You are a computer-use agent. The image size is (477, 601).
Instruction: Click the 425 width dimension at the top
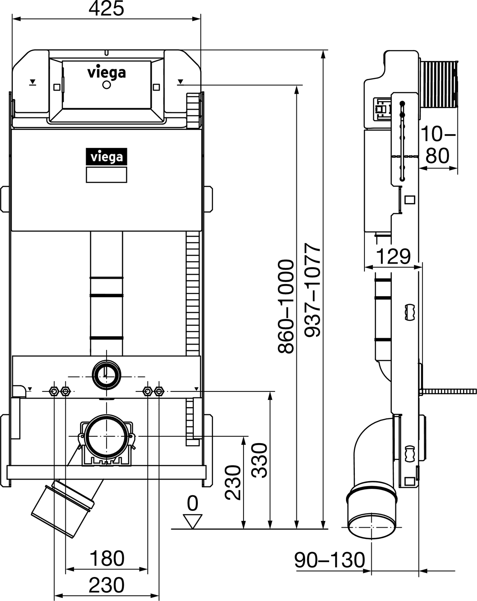point(106,9)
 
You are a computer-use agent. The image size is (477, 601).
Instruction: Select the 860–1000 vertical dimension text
point(286,307)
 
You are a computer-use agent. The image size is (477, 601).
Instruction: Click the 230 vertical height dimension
point(233,482)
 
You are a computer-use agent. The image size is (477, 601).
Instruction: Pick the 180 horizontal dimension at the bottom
point(107,558)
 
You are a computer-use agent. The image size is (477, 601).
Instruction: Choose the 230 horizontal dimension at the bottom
point(107,585)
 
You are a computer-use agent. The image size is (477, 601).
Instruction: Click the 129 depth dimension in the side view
point(393,256)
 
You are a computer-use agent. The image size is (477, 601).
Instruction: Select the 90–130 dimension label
point(330,559)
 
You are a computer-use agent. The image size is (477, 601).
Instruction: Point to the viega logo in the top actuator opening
point(107,73)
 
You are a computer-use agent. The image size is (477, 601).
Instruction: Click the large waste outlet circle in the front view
point(107,436)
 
